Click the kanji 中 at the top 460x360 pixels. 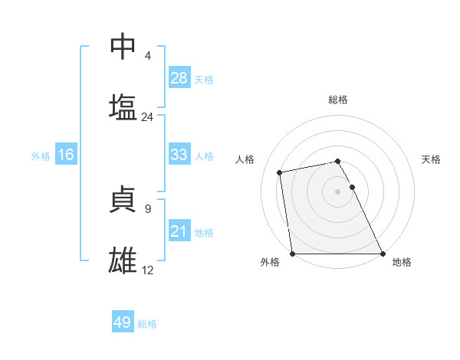pyautogui.click(x=123, y=47)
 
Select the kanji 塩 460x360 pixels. pyautogui.click(x=123, y=106)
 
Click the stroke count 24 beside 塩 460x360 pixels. pyautogui.click(x=147, y=117)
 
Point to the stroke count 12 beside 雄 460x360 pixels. pyautogui.click(x=147, y=270)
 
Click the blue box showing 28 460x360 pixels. pyautogui.click(x=179, y=78)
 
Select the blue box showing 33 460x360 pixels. pyautogui.click(x=179, y=155)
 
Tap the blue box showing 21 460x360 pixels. pyautogui.click(x=179, y=231)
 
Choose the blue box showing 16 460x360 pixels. pyautogui.click(x=66, y=155)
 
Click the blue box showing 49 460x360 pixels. pyautogui.click(x=123, y=322)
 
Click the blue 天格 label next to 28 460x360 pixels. pyautogui.click(x=204, y=79)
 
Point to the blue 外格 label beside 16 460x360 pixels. pyautogui.click(x=41, y=155)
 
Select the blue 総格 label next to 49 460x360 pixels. pyautogui.click(x=147, y=323)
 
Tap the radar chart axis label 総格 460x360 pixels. pyautogui.click(x=338, y=100)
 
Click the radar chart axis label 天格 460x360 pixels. pyautogui.click(x=431, y=159)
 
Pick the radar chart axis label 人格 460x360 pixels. pyautogui.click(x=245, y=159)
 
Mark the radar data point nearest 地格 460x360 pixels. pyautogui.click(x=382, y=253)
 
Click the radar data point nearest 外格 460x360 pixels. pyautogui.click(x=293, y=253)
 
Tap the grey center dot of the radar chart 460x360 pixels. pyautogui.click(x=338, y=191)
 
